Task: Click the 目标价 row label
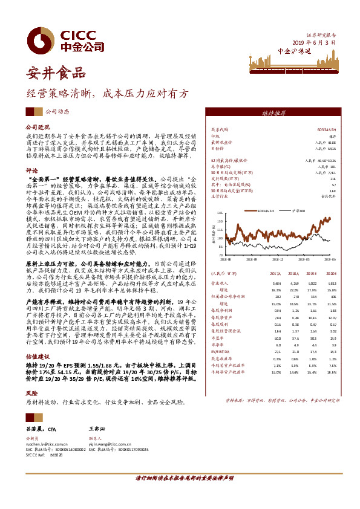point(217,148)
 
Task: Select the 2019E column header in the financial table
point(310,289)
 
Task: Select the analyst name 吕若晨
point(36,427)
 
